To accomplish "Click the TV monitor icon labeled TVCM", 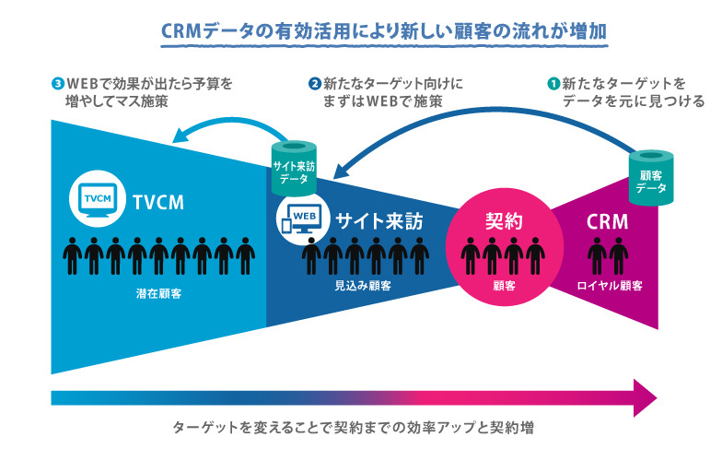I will click(95, 197).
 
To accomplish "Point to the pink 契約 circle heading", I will click(504, 220).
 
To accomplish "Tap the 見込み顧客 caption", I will click(364, 286).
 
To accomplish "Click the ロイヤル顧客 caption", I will click(606, 286).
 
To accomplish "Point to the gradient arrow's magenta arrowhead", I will click(645, 397).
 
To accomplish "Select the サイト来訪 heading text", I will click(378, 221).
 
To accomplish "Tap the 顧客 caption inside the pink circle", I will click(504, 286).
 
